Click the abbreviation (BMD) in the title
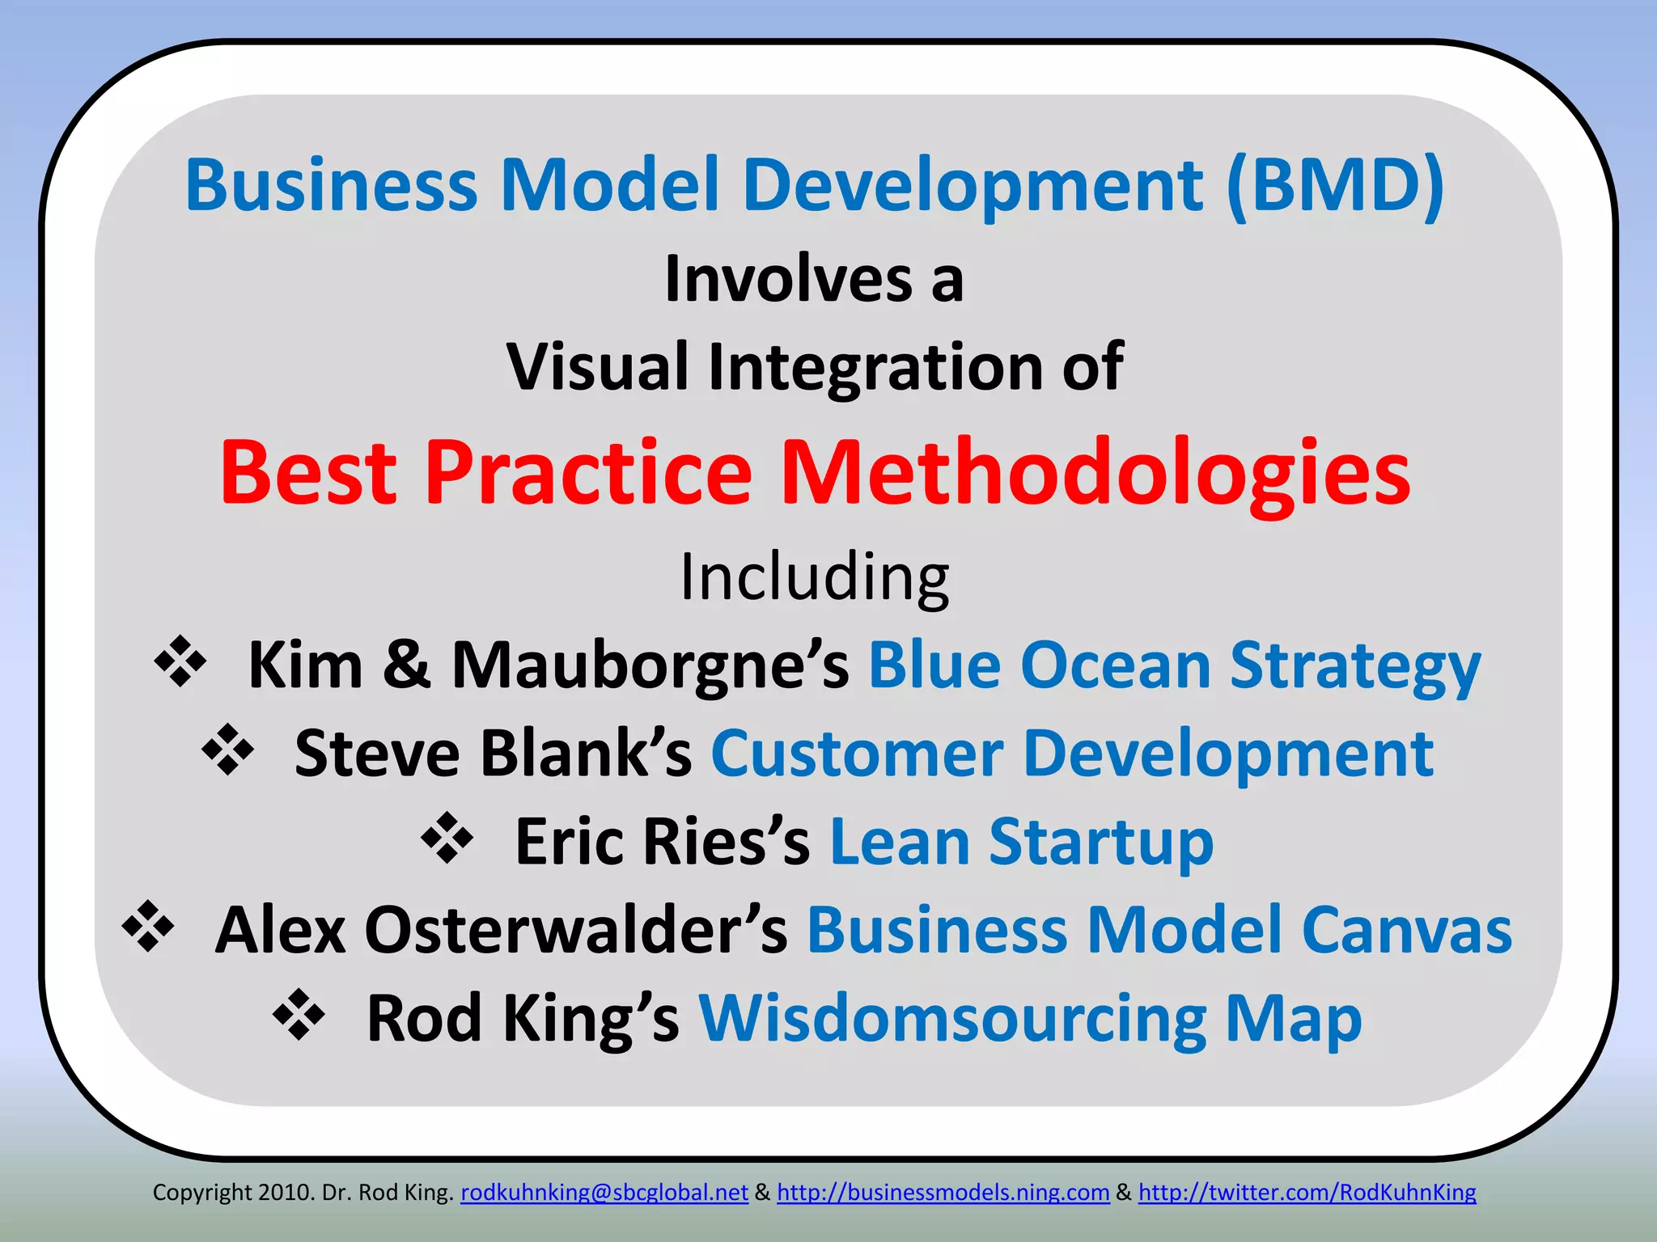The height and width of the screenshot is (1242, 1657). [x=1335, y=186]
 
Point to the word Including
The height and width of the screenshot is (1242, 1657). [x=814, y=577]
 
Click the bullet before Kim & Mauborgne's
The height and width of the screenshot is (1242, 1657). [x=180, y=662]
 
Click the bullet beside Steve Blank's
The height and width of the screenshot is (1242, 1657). [x=227, y=750]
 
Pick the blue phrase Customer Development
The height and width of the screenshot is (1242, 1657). [x=1071, y=754]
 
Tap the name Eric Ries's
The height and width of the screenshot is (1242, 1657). [x=662, y=842]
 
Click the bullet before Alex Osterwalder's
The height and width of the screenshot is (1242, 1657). [x=147, y=927]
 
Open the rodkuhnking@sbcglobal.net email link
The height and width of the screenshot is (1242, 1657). [x=604, y=1193]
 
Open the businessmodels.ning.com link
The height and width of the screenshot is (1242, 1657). [x=943, y=1193]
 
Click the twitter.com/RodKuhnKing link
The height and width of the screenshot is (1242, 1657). [x=1307, y=1193]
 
